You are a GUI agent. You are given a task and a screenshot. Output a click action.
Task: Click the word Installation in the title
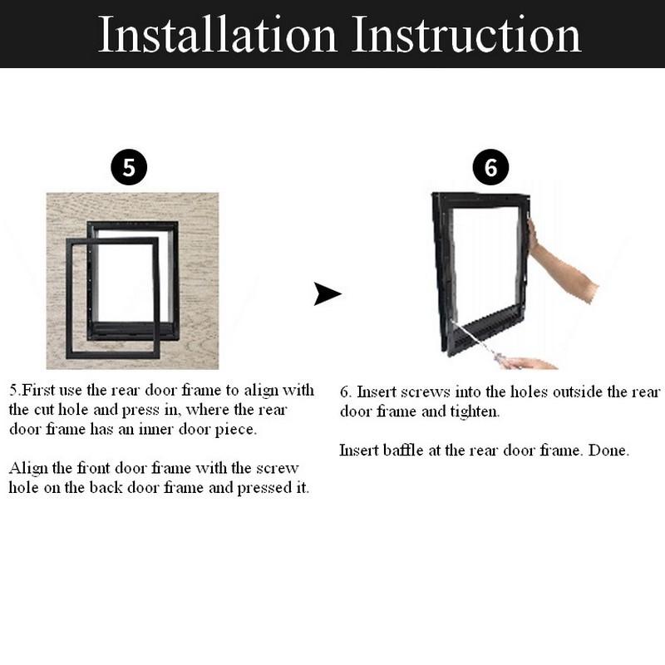[218, 34]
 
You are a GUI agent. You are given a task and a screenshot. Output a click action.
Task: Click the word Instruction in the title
[465, 34]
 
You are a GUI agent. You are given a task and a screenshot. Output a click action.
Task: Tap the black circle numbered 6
[490, 169]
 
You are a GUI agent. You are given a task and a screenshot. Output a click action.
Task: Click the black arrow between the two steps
[328, 293]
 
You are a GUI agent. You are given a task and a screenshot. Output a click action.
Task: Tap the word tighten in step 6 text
[475, 411]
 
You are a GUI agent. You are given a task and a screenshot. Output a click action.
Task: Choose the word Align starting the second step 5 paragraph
[27, 468]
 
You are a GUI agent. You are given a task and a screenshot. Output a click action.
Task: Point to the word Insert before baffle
[359, 451]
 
